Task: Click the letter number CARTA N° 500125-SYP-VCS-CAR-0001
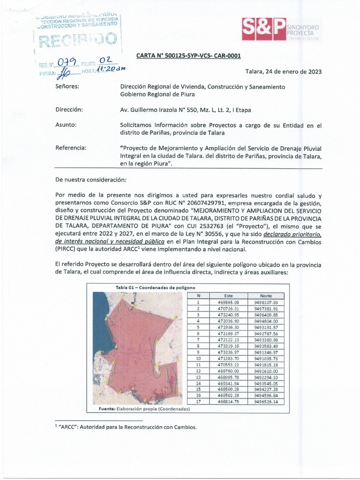[x=188, y=56]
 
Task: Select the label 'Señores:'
[x=67, y=87]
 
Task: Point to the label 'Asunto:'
[x=66, y=125]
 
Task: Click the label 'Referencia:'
[x=71, y=148]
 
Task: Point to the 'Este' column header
[x=228, y=296]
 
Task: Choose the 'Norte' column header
[x=266, y=296]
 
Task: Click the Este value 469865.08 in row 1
[x=228, y=302]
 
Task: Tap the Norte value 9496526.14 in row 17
[x=266, y=402]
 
